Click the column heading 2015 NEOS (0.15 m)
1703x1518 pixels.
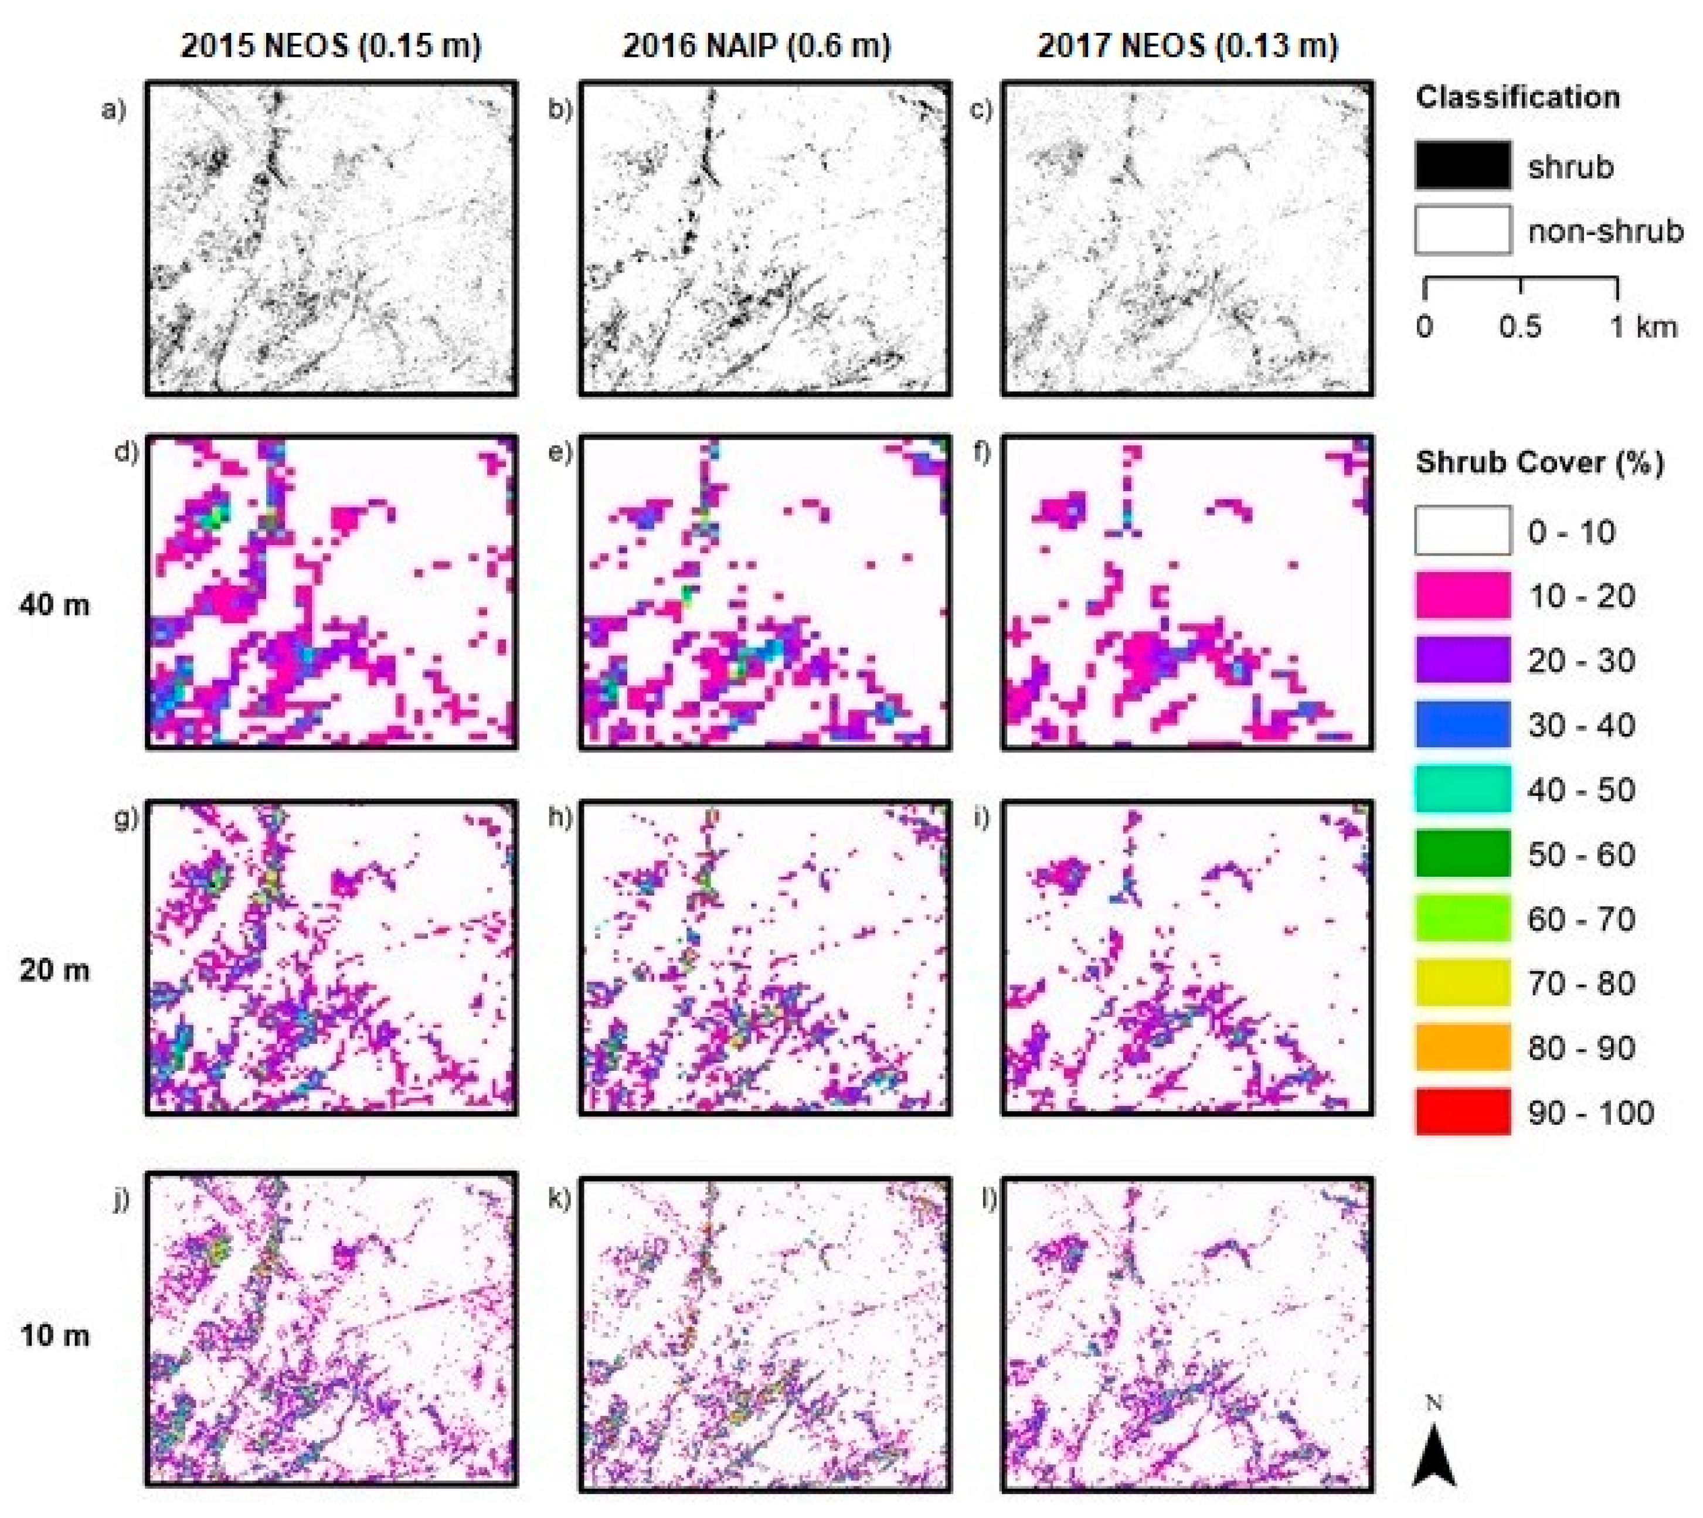(x=331, y=45)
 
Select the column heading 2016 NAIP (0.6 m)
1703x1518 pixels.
(x=756, y=45)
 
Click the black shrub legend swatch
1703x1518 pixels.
(x=1462, y=165)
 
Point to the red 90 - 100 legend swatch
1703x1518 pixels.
(x=1462, y=1112)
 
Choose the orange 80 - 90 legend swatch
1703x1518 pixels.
(x=1462, y=1047)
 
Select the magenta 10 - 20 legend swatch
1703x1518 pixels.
(x=1462, y=595)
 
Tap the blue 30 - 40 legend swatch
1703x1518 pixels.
(x=1462, y=725)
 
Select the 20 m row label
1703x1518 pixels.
(x=55, y=969)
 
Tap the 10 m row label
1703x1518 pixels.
(x=55, y=1335)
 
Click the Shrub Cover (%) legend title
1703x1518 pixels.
(x=1539, y=462)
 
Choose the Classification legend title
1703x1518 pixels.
(x=1518, y=97)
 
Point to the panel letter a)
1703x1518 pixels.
(x=114, y=109)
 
